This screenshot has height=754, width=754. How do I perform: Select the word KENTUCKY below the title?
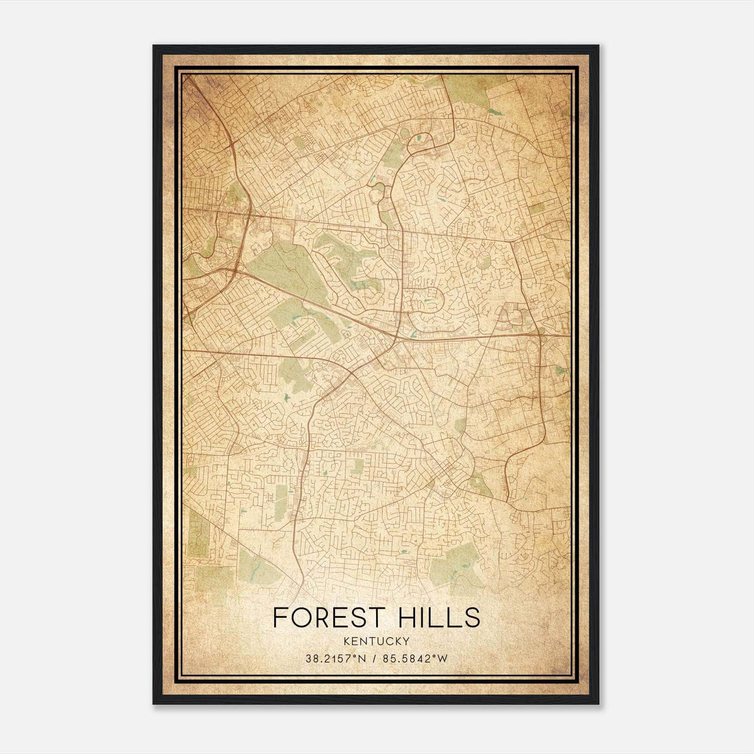tap(377, 641)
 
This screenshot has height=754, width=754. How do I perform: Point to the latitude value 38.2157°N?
tap(336, 659)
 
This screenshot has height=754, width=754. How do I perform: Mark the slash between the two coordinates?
tap(374, 659)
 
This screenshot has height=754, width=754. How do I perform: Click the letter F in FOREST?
tap(279, 618)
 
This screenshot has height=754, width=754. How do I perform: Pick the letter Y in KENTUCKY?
tap(406, 641)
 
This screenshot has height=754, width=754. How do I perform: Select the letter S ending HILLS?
tap(473, 618)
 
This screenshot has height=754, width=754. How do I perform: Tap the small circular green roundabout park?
tap(484, 260)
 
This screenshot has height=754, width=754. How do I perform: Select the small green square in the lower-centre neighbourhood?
tap(357, 467)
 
